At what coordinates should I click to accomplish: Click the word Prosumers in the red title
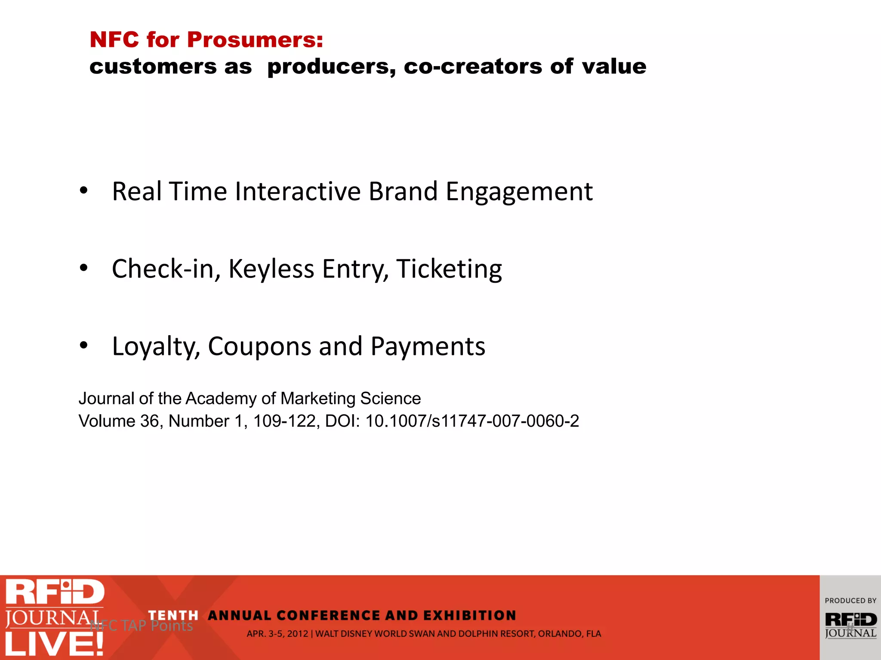click(x=255, y=40)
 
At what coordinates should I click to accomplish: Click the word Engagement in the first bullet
click(x=519, y=192)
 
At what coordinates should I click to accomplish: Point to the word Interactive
click(x=298, y=191)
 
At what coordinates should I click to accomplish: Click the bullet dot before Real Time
click(x=83, y=190)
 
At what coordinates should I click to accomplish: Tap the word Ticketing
click(x=449, y=269)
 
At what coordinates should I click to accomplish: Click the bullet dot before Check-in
click(x=83, y=268)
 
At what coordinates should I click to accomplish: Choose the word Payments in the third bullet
click(x=428, y=347)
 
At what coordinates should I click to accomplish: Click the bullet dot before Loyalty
click(x=83, y=345)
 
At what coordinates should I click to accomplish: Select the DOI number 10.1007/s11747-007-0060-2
click(x=472, y=421)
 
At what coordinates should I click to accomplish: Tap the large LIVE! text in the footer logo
click(x=54, y=644)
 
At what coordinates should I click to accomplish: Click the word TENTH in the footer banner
click(x=173, y=615)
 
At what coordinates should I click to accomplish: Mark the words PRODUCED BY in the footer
click(x=850, y=601)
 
